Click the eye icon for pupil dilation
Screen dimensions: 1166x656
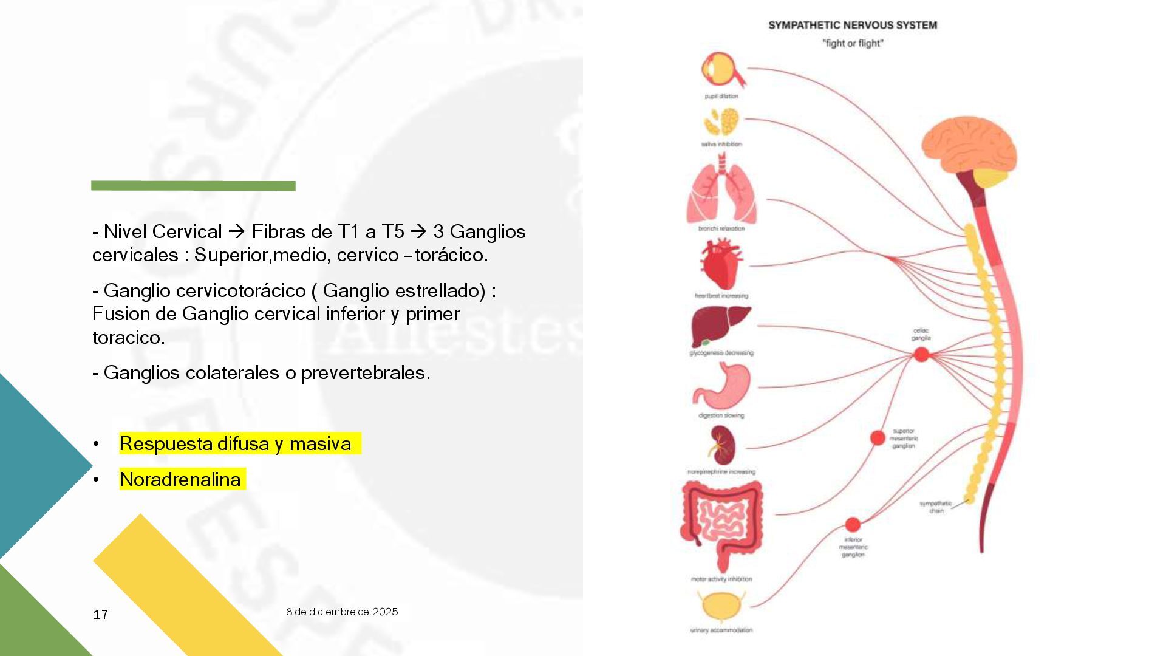pos(721,70)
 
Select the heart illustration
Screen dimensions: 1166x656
pos(721,264)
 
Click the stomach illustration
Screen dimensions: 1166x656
pos(723,386)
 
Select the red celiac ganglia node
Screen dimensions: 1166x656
pos(921,354)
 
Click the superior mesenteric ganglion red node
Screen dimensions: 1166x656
pos(878,437)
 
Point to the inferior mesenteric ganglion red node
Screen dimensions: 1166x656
pos(853,524)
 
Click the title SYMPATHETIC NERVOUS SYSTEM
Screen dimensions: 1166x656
pos(853,26)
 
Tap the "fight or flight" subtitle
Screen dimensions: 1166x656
pos(853,44)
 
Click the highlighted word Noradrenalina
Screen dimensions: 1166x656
pos(180,479)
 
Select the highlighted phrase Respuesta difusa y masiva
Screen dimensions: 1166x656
pos(235,443)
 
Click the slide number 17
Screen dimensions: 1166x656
pos(101,615)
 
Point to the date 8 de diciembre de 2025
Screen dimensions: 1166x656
pos(342,612)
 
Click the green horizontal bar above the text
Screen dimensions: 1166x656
pos(193,186)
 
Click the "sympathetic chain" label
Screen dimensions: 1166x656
pos(936,507)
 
